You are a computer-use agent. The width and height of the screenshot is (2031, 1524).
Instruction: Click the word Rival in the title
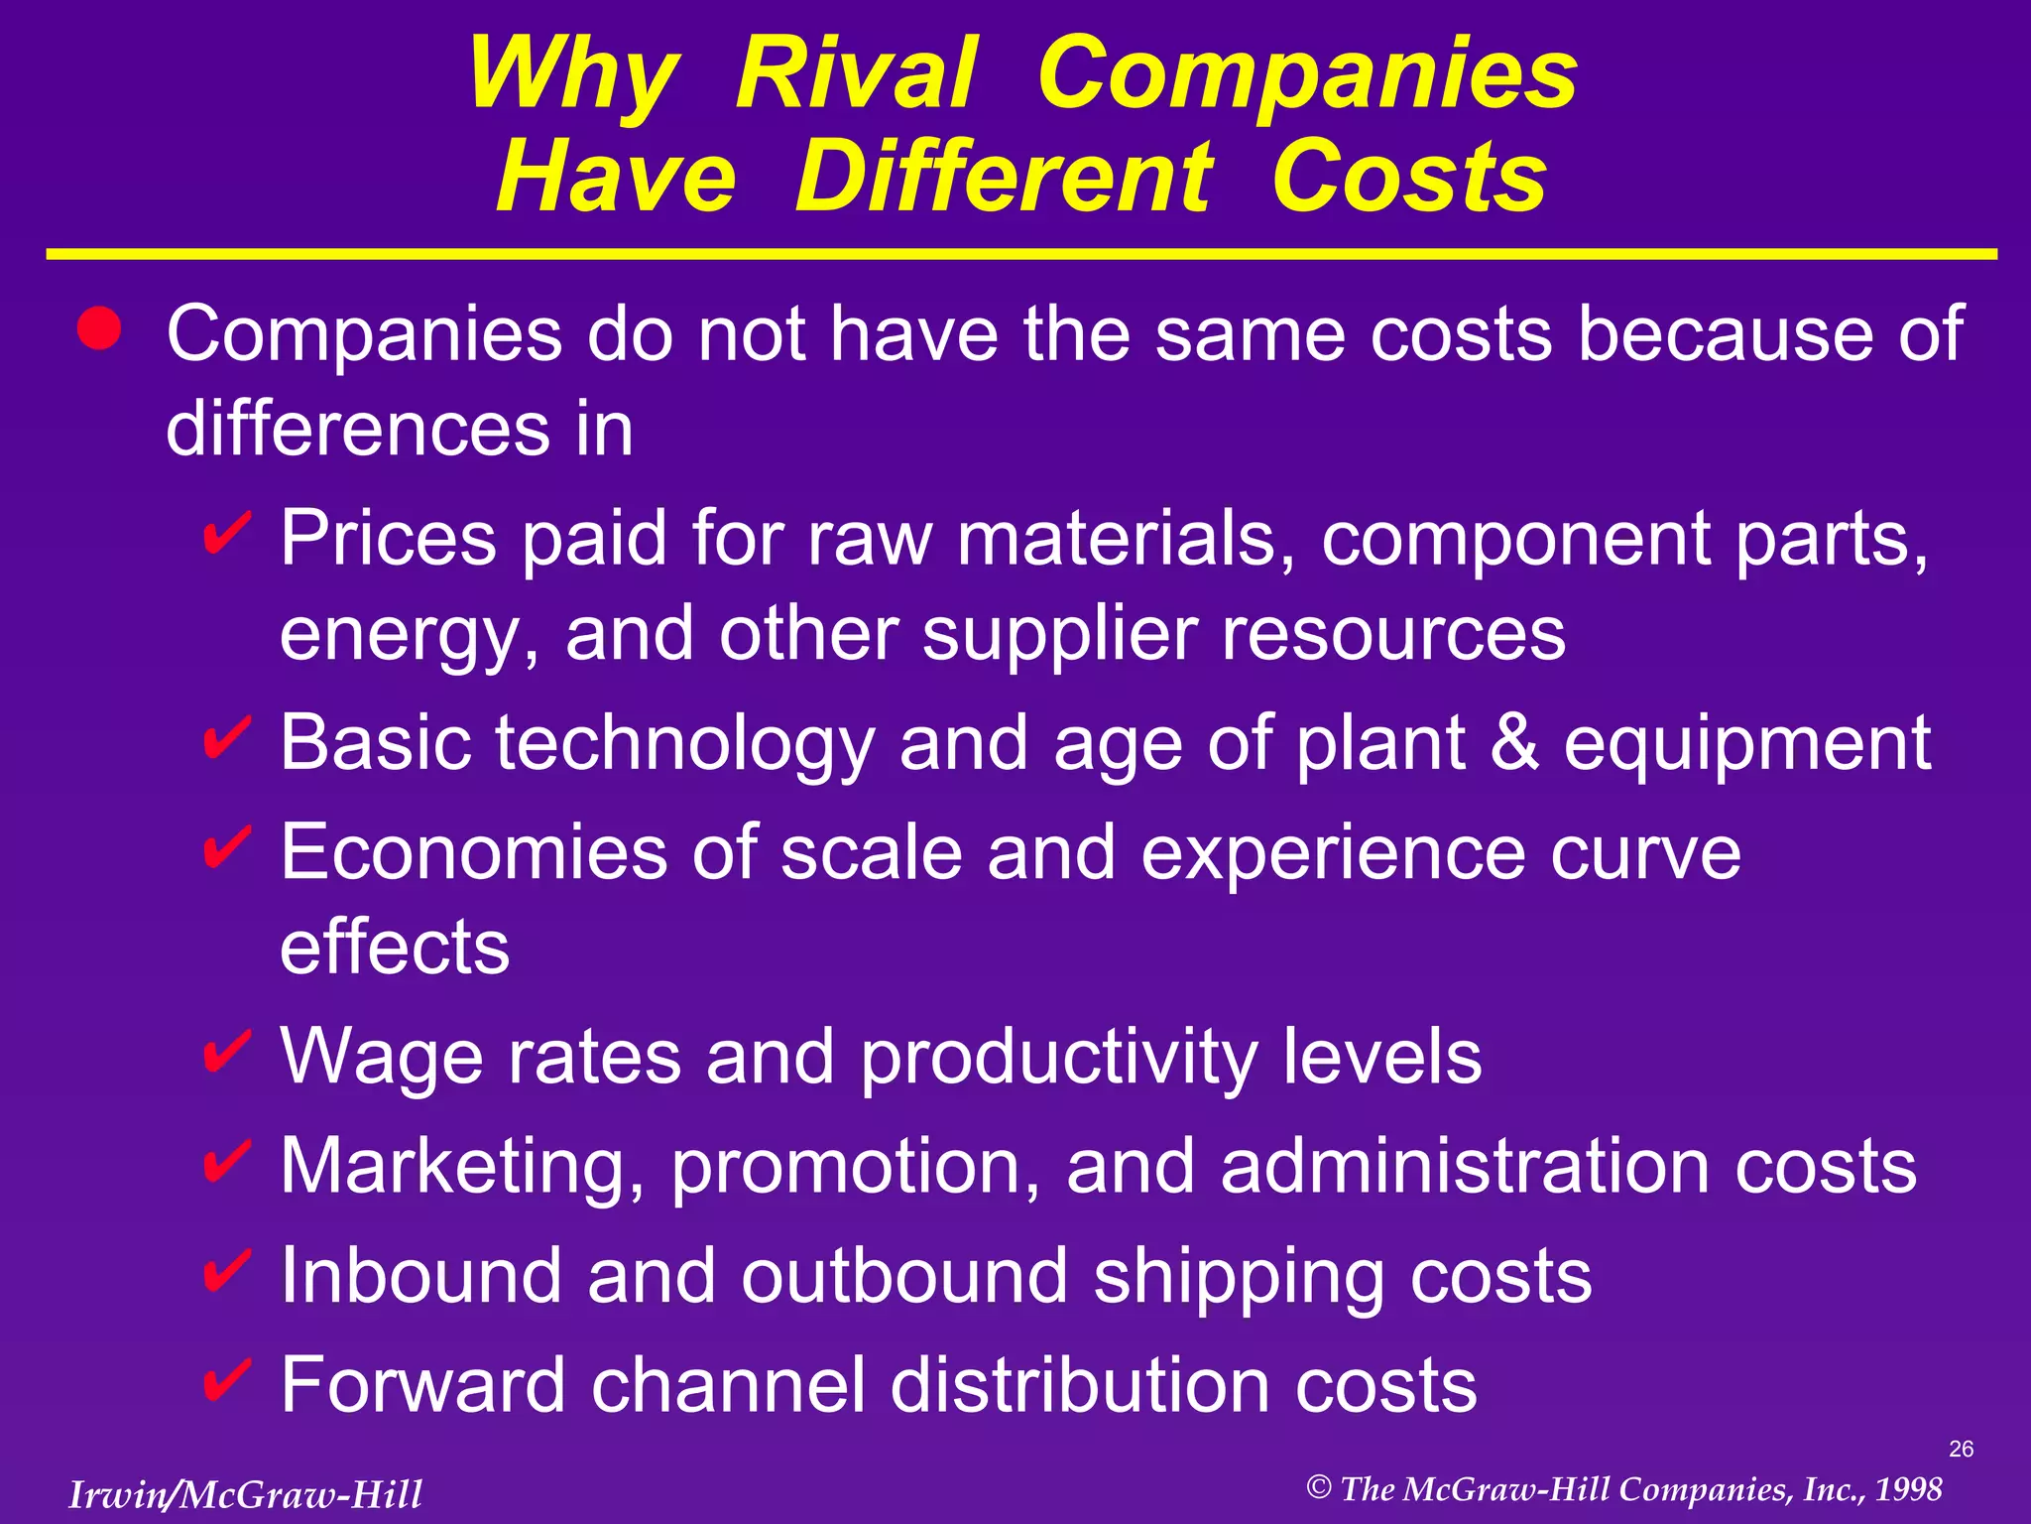856,73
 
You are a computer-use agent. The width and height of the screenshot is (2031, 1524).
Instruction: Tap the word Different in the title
1003,178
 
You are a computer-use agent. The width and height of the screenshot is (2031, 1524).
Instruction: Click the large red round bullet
99,328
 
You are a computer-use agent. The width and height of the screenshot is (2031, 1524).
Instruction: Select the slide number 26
1961,1449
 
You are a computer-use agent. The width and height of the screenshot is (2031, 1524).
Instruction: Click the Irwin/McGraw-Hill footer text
245,1494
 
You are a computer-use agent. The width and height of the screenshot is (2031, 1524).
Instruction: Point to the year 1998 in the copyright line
1908,1489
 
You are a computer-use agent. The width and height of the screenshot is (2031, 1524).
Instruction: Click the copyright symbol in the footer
1318,1487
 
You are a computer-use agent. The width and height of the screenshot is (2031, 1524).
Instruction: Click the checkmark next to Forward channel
226,1379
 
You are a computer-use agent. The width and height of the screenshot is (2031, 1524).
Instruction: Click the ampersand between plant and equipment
1514,743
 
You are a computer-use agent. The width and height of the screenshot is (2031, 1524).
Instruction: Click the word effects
395,948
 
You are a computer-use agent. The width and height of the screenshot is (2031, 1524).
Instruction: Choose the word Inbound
421,1275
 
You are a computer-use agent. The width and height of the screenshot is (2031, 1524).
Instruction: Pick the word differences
357,430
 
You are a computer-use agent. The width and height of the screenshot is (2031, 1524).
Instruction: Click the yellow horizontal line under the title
1021,255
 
